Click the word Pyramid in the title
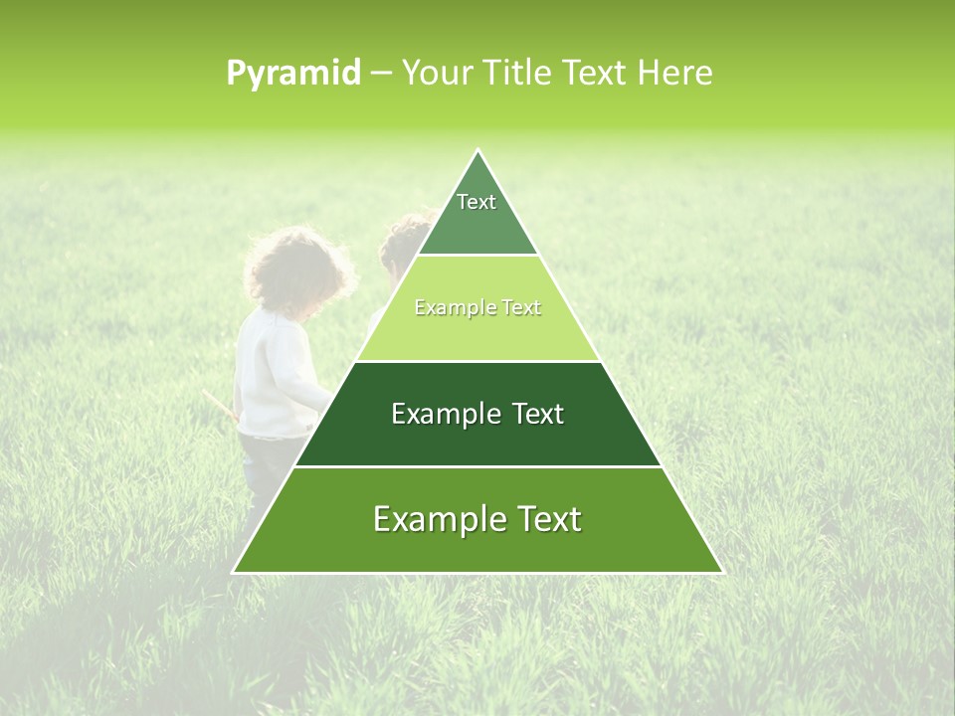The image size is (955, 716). coord(292,74)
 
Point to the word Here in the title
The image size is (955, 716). coord(675,74)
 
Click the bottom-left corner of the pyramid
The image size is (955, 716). coord(234,572)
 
